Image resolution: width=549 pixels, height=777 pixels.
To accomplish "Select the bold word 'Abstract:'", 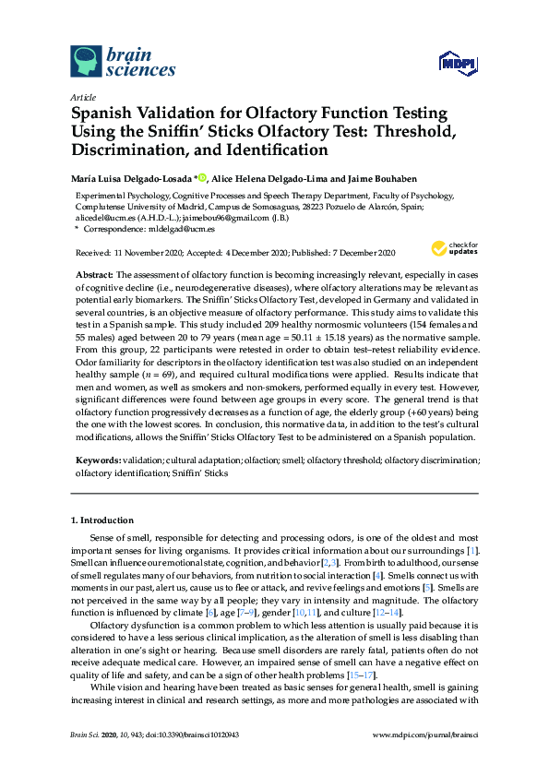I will [92, 275].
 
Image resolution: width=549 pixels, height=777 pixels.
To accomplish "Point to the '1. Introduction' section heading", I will [102, 520].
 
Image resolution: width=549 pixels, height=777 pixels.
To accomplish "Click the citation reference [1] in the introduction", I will [472, 551].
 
